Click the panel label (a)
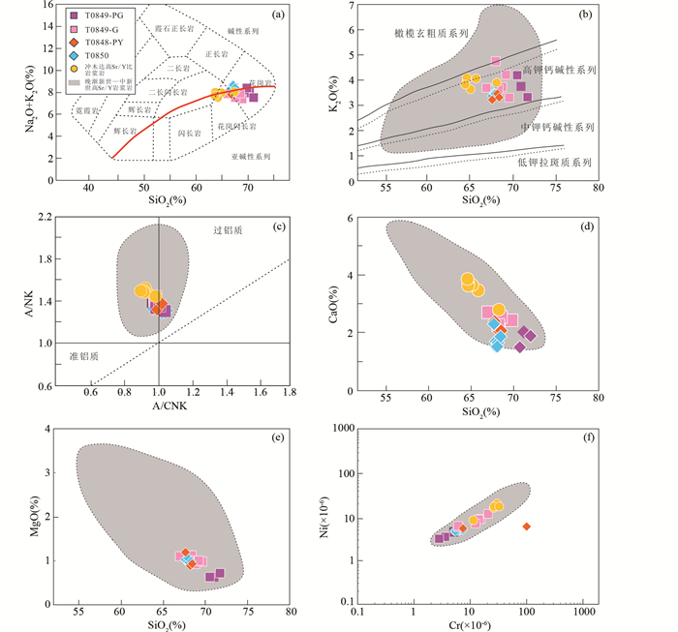tap(277, 14)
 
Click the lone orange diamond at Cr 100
tap(527, 527)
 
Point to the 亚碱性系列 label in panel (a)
tap(251, 156)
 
